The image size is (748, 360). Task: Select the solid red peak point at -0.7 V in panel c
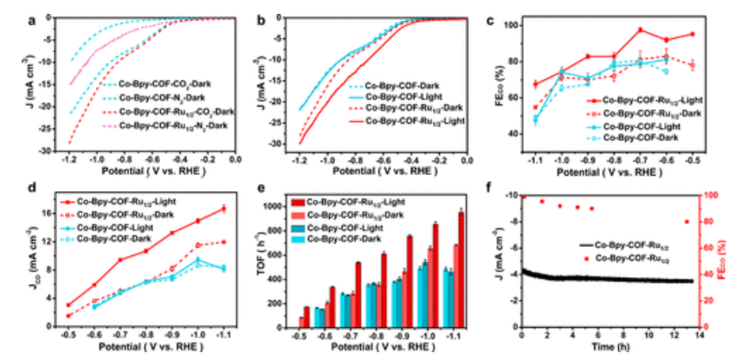(641, 30)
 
